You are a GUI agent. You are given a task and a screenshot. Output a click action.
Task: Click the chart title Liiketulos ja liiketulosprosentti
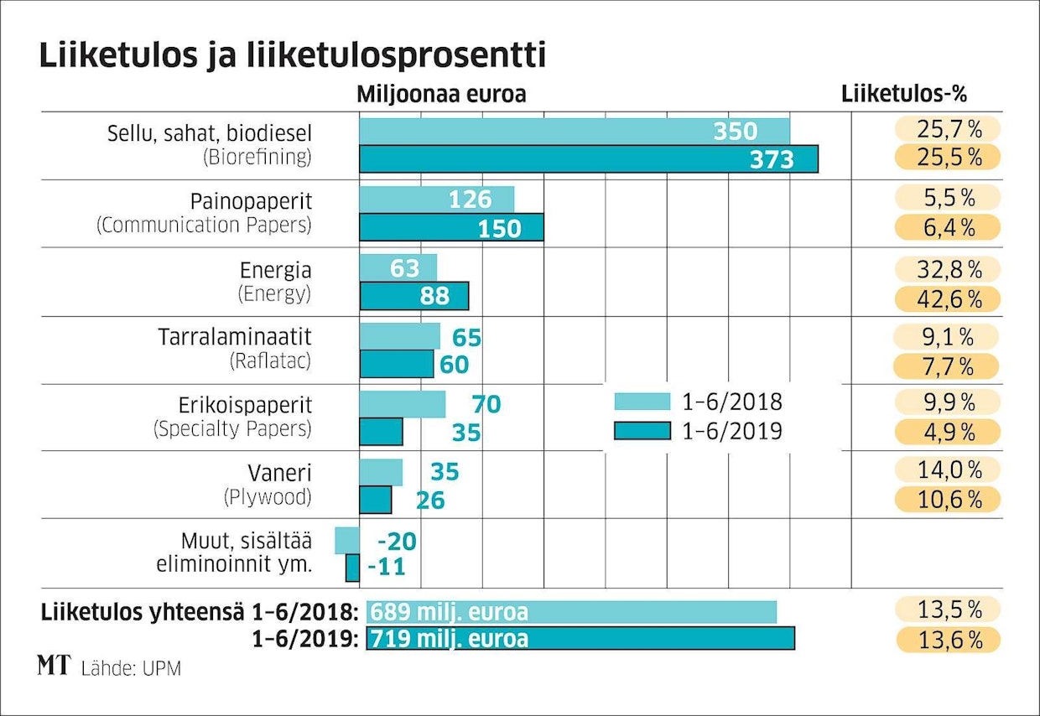292,55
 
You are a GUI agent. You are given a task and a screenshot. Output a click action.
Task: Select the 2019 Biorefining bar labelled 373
588,159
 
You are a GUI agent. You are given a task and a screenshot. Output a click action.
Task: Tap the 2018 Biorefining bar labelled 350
575,132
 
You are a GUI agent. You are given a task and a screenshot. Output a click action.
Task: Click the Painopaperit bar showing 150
451,228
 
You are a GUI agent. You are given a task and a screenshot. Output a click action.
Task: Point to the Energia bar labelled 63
398,268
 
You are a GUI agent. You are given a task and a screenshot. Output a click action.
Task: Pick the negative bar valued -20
347,541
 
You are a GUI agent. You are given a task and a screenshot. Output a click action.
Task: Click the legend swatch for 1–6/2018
642,401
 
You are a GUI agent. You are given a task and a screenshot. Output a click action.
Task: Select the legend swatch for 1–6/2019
642,431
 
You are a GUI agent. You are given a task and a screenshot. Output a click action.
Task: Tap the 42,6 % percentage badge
948,298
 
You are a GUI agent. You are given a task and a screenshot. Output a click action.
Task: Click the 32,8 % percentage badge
948,269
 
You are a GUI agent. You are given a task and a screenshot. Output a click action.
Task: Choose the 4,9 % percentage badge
948,433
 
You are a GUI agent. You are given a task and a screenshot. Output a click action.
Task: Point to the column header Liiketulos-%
909,94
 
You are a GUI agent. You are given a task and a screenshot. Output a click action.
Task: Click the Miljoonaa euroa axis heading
441,94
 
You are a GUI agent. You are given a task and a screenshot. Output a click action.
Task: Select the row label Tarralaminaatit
235,337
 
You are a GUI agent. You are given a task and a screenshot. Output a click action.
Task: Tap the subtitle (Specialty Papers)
232,428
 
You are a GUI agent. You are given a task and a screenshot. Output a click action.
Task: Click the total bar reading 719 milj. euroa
580,639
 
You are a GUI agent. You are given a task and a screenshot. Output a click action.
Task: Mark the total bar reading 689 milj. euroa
571,611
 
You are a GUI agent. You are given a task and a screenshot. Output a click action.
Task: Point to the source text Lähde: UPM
131,669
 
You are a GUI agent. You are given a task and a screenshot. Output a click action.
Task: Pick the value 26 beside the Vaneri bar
430,501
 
